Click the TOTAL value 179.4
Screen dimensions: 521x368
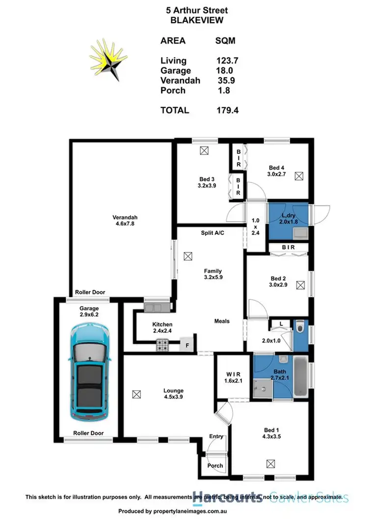[x=228, y=110]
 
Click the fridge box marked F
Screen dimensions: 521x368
[x=187, y=345]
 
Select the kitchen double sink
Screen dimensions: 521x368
[x=154, y=308]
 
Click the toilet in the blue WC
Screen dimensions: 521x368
[x=301, y=326]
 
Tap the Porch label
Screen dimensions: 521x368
[x=215, y=465]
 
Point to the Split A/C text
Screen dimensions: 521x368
[x=212, y=232]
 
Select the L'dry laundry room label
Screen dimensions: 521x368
[x=288, y=219]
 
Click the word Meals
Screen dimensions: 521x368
[x=222, y=321]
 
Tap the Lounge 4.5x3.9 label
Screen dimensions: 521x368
[x=174, y=395]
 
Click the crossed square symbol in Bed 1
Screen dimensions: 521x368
[x=270, y=463]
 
